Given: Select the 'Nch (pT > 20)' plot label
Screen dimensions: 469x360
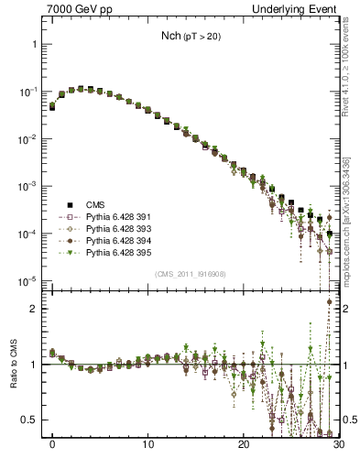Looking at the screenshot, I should (190, 36).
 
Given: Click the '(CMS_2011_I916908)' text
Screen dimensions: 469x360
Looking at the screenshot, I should (190, 274).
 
